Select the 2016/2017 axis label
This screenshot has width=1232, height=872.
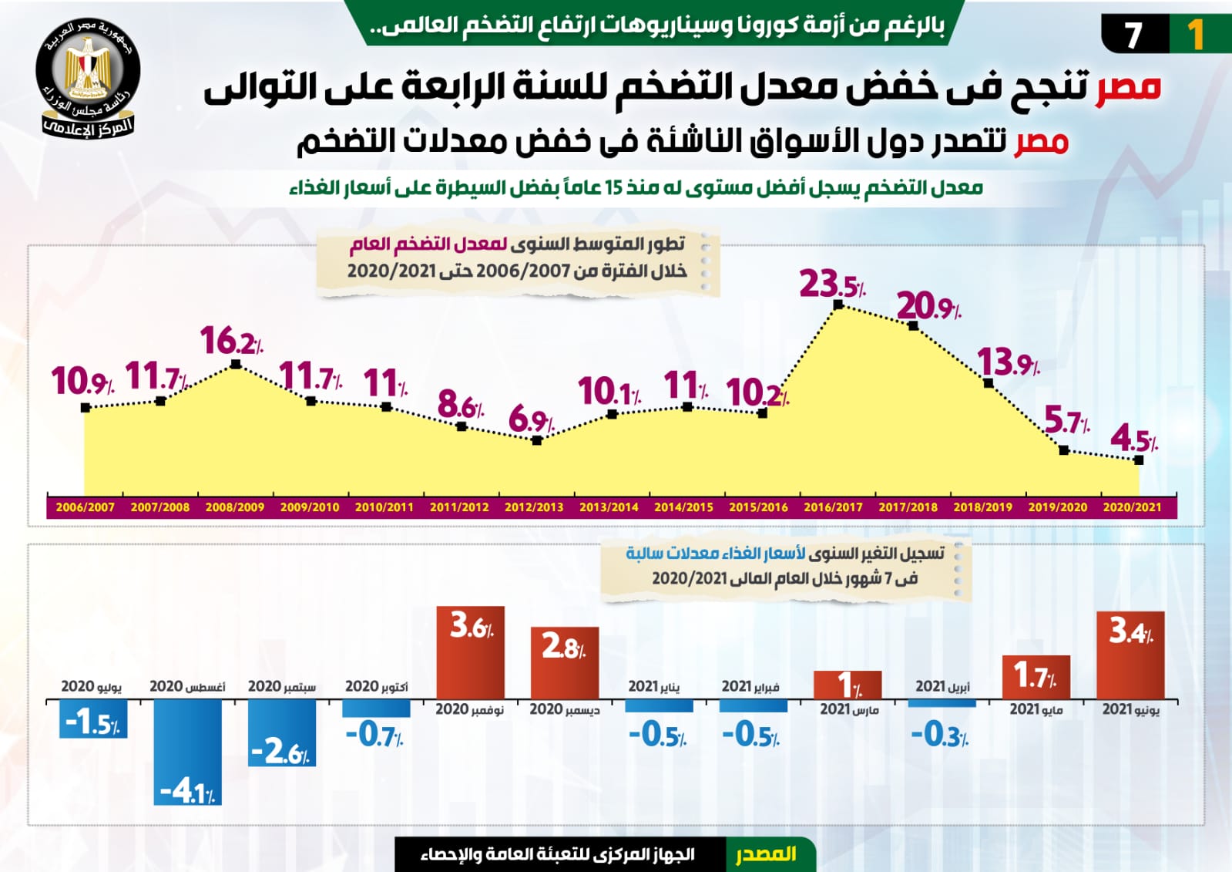pos(833,507)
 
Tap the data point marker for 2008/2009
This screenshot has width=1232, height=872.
pos(236,364)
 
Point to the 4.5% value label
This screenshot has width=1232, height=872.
pos(1133,440)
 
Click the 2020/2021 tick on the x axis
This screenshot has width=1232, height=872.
pos(1132,507)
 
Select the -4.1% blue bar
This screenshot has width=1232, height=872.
pos(187,752)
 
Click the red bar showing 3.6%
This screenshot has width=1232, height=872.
pos(471,652)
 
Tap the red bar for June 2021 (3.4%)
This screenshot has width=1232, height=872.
pos(1130,655)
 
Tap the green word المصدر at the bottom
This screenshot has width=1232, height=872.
pos(766,854)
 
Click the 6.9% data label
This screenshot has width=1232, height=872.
pos(531,420)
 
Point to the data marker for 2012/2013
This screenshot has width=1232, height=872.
pos(537,441)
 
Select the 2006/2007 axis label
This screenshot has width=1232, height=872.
pos(85,507)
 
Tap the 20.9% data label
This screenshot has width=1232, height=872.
pos(928,307)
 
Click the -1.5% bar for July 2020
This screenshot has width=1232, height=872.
pos(93,719)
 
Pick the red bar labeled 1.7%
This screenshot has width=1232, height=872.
pos(1036,677)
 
